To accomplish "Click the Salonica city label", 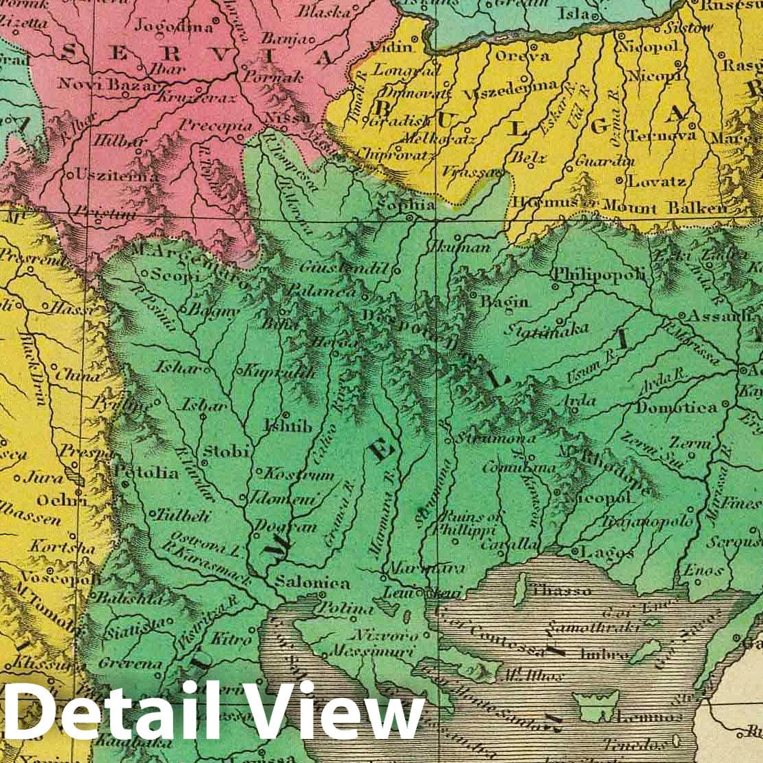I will pyautogui.click(x=312, y=584).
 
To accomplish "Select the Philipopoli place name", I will pyautogui.click(x=599, y=274).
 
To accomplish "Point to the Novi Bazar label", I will pyautogui.click(x=100, y=83).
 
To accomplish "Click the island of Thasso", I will pyautogui.click(x=521, y=587).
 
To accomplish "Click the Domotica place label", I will pyautogui.click(x=677, y=407).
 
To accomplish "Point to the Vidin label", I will pyautogui.click(x=391, y=47).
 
